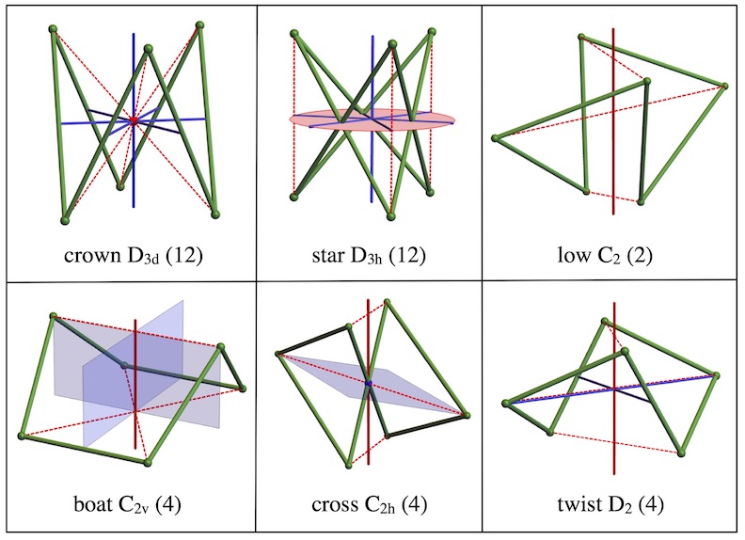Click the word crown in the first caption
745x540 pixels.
(x=92, y=256)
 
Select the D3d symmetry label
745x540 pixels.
(x=143, y=256)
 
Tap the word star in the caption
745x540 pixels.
(x=329, y=256)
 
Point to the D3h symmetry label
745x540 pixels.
(x=367, y=256)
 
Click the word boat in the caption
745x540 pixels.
(x=92, y=504)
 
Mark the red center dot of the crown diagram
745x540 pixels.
(x=134, y=120)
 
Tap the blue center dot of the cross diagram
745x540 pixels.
(x=368, y=383)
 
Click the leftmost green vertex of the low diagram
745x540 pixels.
(x=495, y=138)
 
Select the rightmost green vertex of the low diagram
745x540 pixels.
(x=723, y=86)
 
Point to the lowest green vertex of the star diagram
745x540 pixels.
(x=391, y=216)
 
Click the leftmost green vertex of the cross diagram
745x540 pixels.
(x=279, y=354)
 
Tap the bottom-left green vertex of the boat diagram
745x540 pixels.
(x=22, y=436)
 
